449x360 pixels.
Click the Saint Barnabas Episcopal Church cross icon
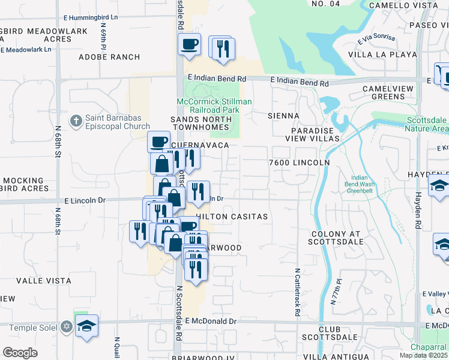(x=76, y=121)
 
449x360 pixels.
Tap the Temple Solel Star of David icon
(x=66, y=327)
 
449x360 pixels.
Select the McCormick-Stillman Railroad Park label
(x=214, y=106)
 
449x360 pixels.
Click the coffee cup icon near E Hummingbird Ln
(x=190, y=44)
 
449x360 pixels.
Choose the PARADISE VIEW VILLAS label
(x=315, y=134)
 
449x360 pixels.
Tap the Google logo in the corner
(x=20, y=352)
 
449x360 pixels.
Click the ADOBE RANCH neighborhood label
(x=109, y=57)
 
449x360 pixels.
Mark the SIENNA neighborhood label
(x=283, y=115)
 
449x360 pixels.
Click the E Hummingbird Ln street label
(x=93, y=17)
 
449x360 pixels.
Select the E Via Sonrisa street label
(x=377, y=40)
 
